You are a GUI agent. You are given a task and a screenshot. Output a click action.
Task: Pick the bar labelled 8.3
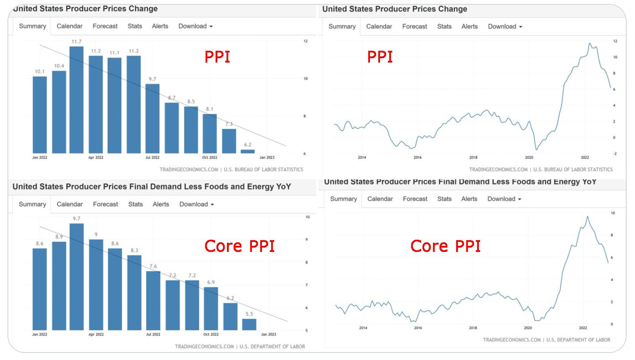(134, 292)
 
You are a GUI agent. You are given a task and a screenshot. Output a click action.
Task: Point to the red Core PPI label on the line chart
(445, 246)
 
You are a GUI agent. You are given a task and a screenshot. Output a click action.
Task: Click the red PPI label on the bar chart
(217, 57)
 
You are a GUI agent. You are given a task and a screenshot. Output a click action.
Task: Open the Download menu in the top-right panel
(505, 27)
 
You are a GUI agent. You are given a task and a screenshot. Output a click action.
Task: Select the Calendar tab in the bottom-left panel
(70, 204)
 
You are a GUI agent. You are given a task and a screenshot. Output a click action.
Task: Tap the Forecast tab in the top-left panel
(105, 26)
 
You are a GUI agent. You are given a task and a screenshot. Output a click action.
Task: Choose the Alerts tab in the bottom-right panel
(469, 199)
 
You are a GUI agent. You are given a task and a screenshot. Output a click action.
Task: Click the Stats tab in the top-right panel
(444, 27)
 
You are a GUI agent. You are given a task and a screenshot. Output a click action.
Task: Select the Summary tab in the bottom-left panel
(32, 204)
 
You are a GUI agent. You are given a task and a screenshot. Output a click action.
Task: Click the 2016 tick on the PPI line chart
(418, 157)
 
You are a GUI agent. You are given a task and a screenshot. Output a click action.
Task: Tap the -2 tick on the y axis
(615, 154)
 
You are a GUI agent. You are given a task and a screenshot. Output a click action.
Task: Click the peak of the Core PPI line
(587, 217)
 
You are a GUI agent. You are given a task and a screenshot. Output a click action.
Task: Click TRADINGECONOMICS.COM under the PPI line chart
(499, 169)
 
